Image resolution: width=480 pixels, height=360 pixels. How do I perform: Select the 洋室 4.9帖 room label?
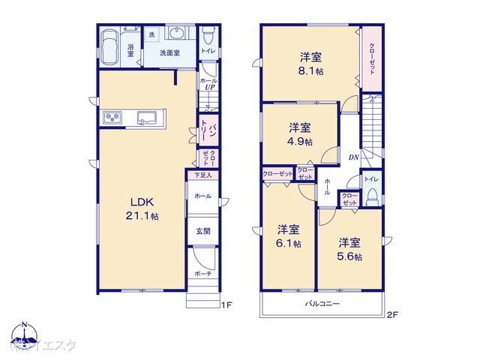(x=298, y=133)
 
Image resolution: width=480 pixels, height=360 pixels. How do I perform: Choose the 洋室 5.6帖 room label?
(x=348, y=249)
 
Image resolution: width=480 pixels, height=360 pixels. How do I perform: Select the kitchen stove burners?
(x=112, y=118)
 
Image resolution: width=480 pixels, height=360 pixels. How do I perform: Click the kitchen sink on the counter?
(x=147, y=117)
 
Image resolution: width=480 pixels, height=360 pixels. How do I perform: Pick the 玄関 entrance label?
(x=202, y=231)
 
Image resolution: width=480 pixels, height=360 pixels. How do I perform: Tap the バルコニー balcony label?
(x=322, y=304)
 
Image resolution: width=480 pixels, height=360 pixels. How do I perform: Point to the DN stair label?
(x=352, y=157)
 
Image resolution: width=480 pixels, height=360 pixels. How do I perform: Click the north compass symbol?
(x=25, y=334)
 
